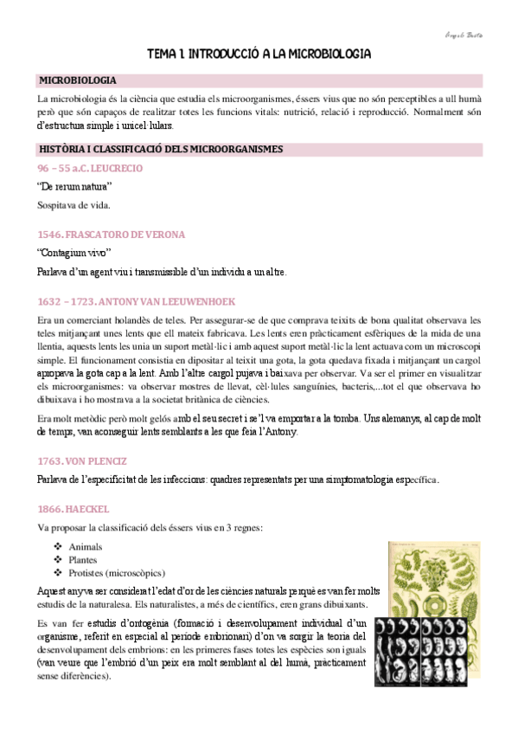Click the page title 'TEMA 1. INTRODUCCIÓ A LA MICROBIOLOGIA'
click(x=259, y=54)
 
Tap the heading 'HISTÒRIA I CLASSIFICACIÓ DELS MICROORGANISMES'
click(x=161, y=149)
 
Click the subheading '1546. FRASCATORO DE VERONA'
click(x=112, y=235)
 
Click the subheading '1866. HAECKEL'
click(x=74, y=508)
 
